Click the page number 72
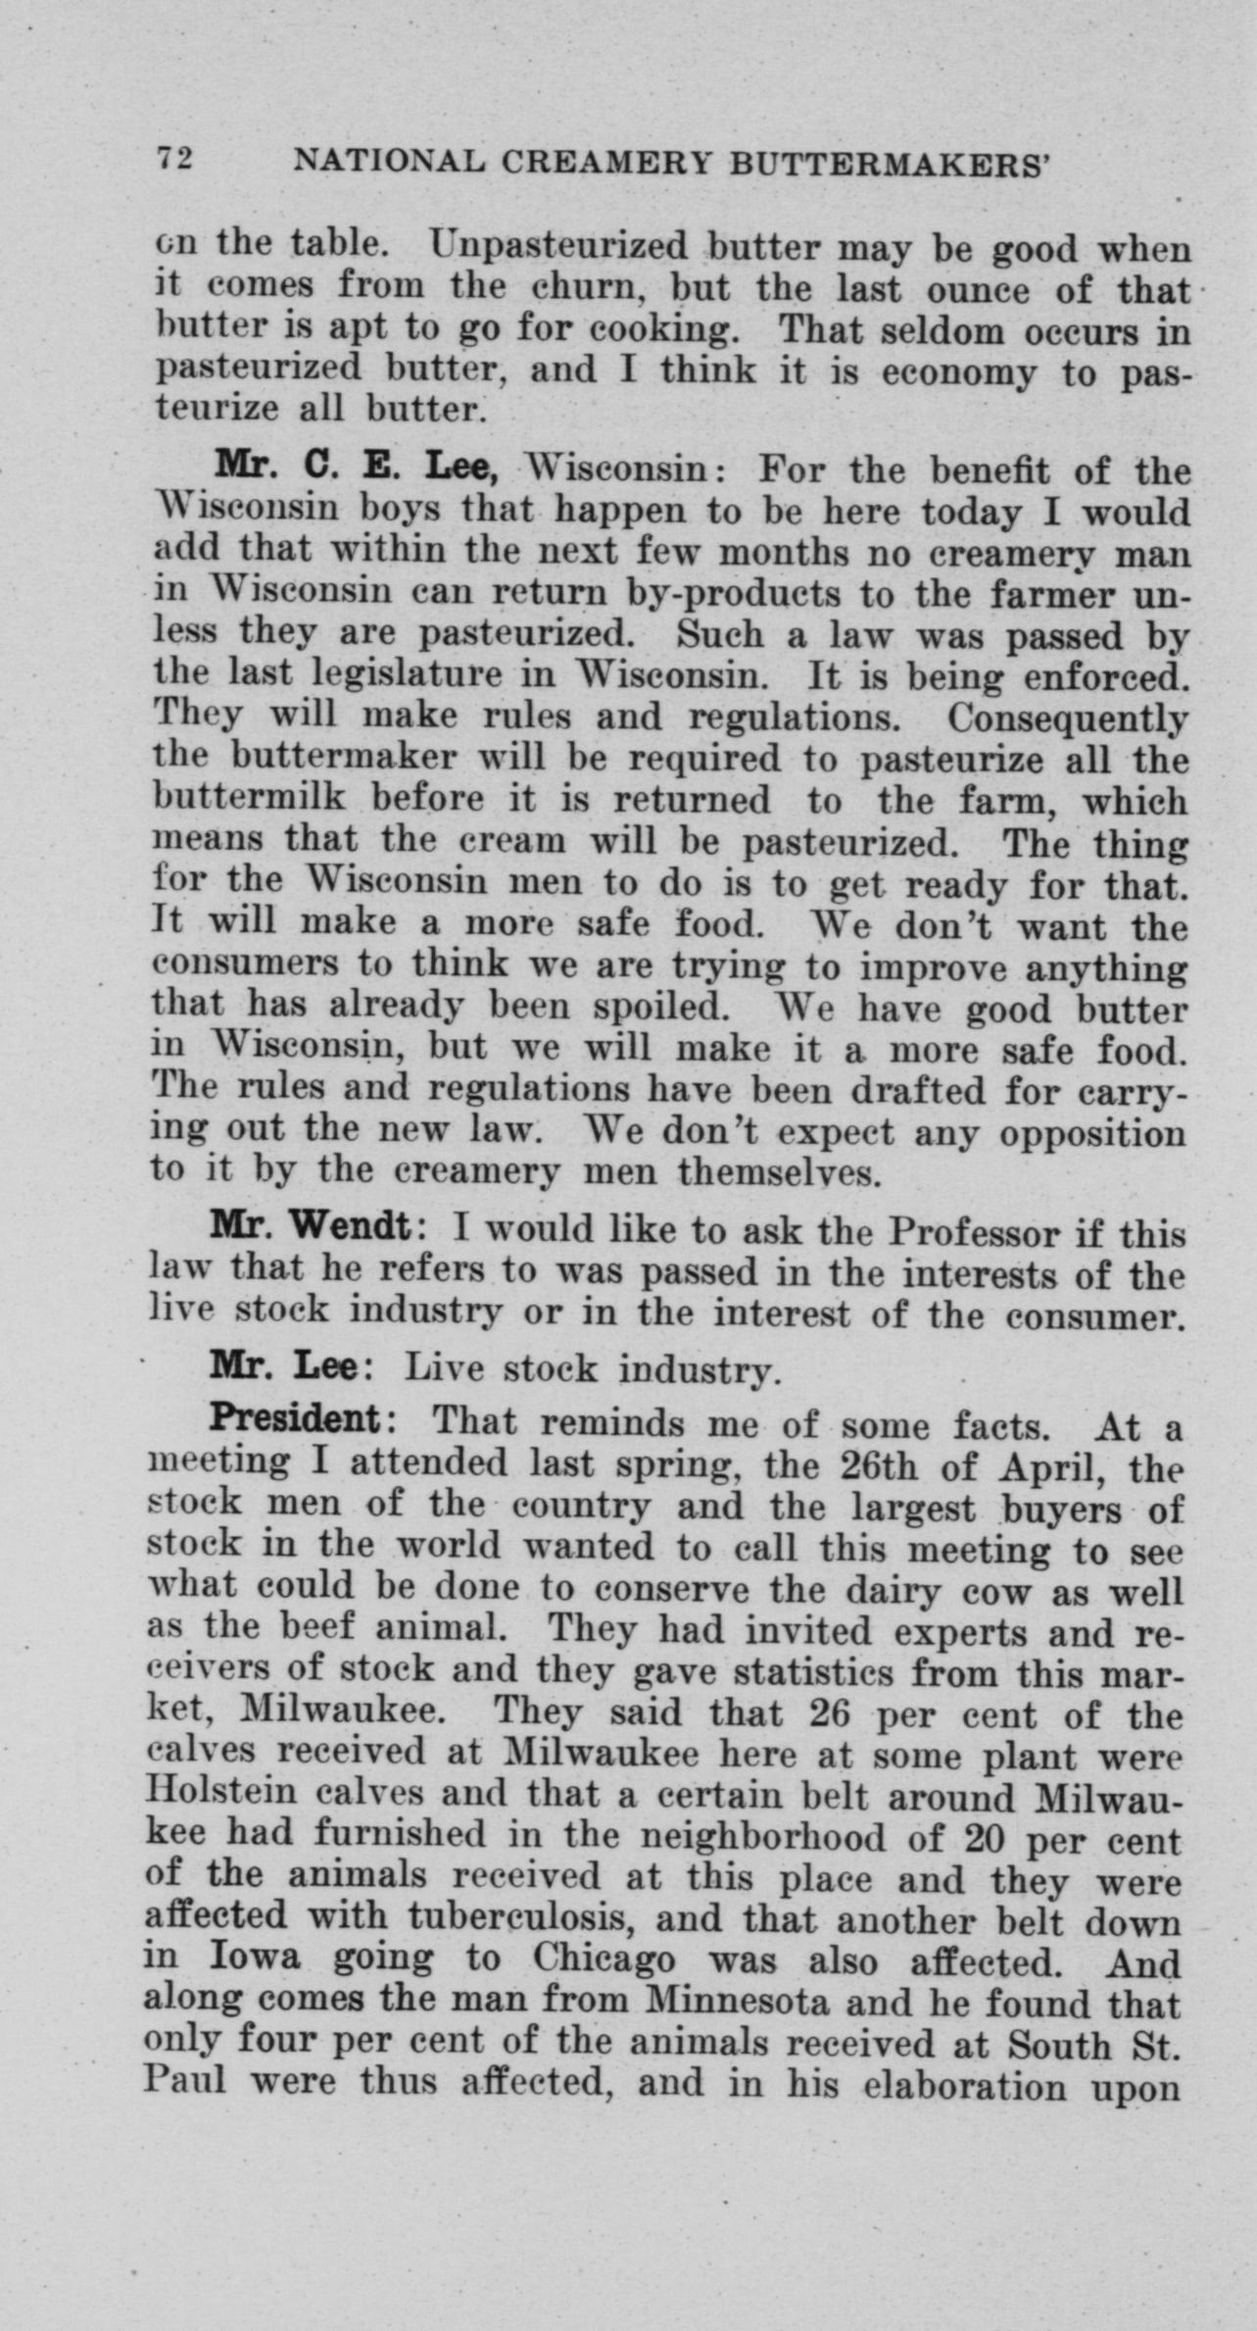[x=175, y=158]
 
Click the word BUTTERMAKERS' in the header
[x=890, y=163]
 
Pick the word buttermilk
[x=250, y=799]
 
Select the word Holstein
[x=221, y=1792]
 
